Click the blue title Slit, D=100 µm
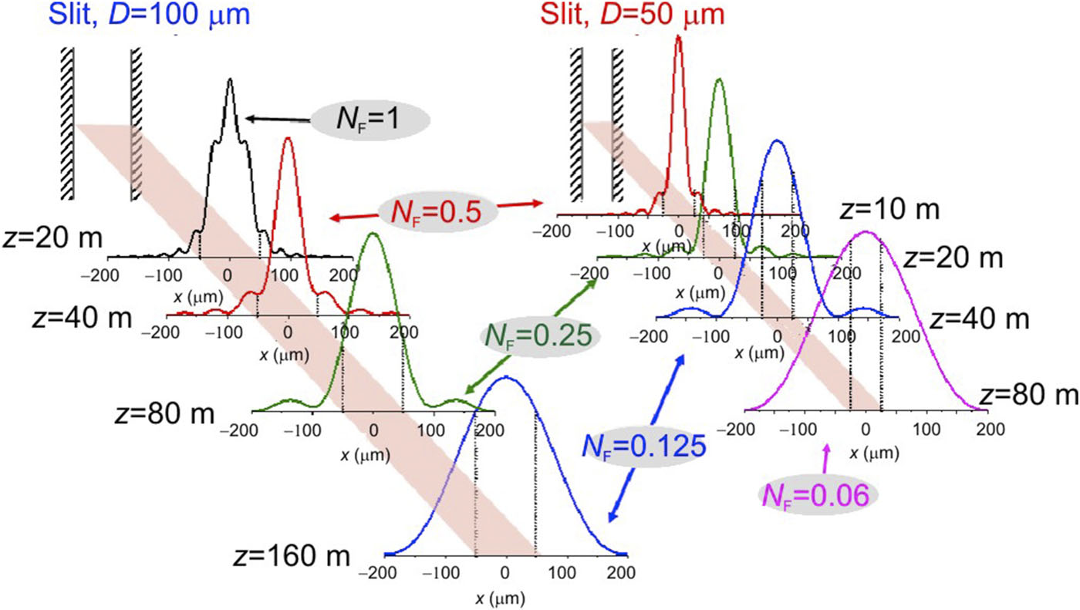(x=150, y=15)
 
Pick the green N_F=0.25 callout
(x=538, y=335)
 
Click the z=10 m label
(x=886, y=210)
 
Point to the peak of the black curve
(x=230, y=79)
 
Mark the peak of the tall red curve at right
(x=679, y=36)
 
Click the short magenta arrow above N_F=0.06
(x=826, y=459)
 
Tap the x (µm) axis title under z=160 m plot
(x=501, y=596)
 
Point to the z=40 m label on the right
(x=979, y=317)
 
